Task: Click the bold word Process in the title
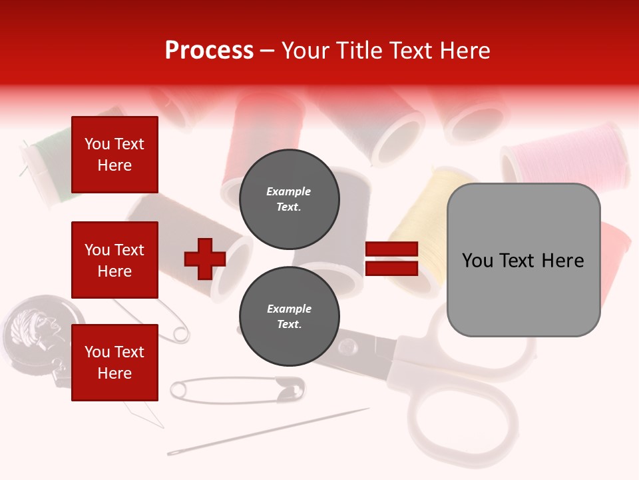pyautogui.click(x=209, y=50)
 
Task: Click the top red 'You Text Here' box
pyautogui.click(x=114, y=155)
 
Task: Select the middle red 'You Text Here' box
pyautogui.click(x=114, y=260)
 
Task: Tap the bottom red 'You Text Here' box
pyautogui.click(x=114, y=363)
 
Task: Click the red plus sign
pyautogui.click(x=204, y=259)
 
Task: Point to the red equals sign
pyautogui.click(x=391, y=259)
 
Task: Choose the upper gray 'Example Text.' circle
pyautogui.click(x=289, y=199)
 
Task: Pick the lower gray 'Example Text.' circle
pyautogui.click(x=289, y=317)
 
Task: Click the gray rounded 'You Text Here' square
pyautogui.click(x=523, y=260)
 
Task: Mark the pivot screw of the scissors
pyautogui.click(x=346, y=347)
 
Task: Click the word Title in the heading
pyautogui.click(x=359, y=50)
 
